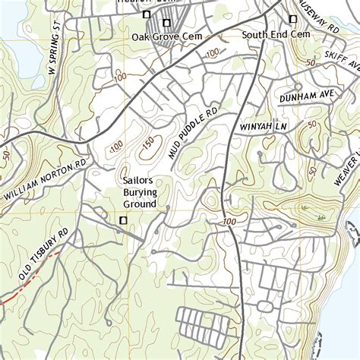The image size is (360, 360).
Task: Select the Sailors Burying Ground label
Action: [140, 193]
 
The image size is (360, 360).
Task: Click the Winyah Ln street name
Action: [261, 125]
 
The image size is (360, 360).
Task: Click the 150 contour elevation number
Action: [147, 142]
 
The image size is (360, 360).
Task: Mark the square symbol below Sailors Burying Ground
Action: [123, 220]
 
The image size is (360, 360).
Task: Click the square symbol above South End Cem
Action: [293, 20]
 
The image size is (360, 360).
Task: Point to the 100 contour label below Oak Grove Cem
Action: [212, 52]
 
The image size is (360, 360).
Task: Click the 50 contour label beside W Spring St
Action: [7, 155]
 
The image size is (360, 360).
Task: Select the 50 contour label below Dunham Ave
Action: [311, 124]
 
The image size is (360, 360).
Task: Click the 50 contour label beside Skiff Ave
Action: [309, 64]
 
